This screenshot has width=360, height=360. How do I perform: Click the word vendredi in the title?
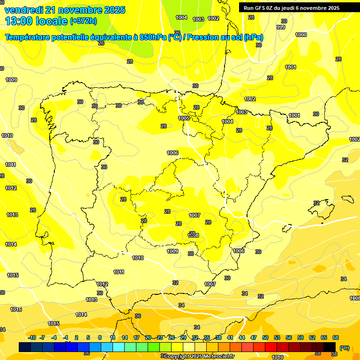click(23, 9)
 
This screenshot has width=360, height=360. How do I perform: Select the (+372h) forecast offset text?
click(83, 21)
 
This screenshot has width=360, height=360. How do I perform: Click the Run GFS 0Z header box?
click(292, 7)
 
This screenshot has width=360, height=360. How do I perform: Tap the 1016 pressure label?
click(16, 309)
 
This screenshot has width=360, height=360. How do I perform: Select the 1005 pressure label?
click(184, 118)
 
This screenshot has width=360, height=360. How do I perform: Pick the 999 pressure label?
click(281, 27)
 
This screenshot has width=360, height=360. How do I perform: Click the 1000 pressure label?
click(301, 35)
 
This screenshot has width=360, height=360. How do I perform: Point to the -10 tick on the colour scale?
click(32, 337)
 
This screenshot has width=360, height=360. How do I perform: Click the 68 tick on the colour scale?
click(336, 337)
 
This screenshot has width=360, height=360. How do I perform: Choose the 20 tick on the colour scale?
click(148, 337)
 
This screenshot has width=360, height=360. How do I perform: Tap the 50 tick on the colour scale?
click(265, 337)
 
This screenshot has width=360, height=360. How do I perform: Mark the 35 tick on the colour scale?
click(207, 337)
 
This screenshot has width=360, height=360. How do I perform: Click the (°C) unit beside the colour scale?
click(345, 347)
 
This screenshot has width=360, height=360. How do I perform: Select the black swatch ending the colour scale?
click(330, 346)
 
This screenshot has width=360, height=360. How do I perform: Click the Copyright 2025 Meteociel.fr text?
click(199, 356)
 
